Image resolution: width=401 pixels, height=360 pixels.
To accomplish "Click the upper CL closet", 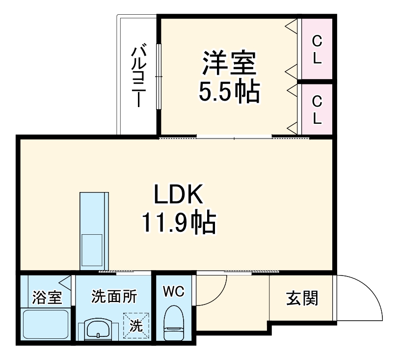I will (x=317, y=49).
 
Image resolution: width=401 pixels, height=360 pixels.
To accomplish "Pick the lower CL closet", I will (x=317, y=109).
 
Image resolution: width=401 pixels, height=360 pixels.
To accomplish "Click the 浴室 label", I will (x=47, y=297).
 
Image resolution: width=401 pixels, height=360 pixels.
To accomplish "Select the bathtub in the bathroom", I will (x=46, y=324).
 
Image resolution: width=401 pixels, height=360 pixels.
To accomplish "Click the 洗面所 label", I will (x=114, y=296).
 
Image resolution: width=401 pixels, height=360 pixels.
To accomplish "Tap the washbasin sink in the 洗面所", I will (x=99, y=329).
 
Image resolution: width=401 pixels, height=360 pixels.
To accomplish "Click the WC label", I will (x=173, y=291).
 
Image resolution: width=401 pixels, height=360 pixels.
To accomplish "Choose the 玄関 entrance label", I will (x=302, y=297).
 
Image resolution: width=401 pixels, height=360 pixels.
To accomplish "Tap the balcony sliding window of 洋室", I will (x=158, y=77).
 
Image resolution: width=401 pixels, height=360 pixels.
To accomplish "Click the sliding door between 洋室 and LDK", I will (x=234, y=137).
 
